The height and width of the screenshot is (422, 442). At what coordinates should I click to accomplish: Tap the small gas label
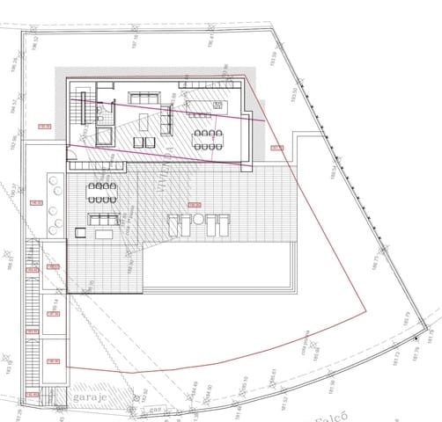153,410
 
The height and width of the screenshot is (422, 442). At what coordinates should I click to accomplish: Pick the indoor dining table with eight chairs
210,138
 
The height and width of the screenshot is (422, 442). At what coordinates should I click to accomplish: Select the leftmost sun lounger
175,227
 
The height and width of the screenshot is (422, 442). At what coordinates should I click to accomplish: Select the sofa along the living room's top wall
140,97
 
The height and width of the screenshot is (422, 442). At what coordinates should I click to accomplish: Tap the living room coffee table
144,119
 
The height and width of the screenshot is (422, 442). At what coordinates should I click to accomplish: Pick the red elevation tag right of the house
276,147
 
